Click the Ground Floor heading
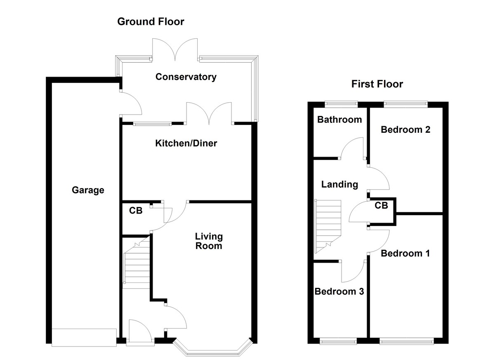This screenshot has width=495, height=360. [151, 21]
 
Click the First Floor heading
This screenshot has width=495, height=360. [377, 84]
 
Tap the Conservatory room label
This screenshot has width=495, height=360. [186, 77]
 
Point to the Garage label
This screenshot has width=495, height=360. [88, 190]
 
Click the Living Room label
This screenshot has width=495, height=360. [209, 241]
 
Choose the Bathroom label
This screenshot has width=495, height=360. [339, 120]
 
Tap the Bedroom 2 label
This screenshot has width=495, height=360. [405, 129]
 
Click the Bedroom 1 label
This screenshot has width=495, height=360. [405, 253]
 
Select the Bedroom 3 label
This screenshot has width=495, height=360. [339, 292]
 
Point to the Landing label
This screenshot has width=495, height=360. [339, 184]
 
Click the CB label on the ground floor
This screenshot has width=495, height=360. [136, 211]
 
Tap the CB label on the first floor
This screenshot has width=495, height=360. [382, 205]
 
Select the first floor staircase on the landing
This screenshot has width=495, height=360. [328, 226]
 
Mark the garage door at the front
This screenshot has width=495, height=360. [84, 336]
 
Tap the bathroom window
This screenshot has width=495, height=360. [341, 104]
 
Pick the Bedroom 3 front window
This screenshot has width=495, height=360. [339, 341]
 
